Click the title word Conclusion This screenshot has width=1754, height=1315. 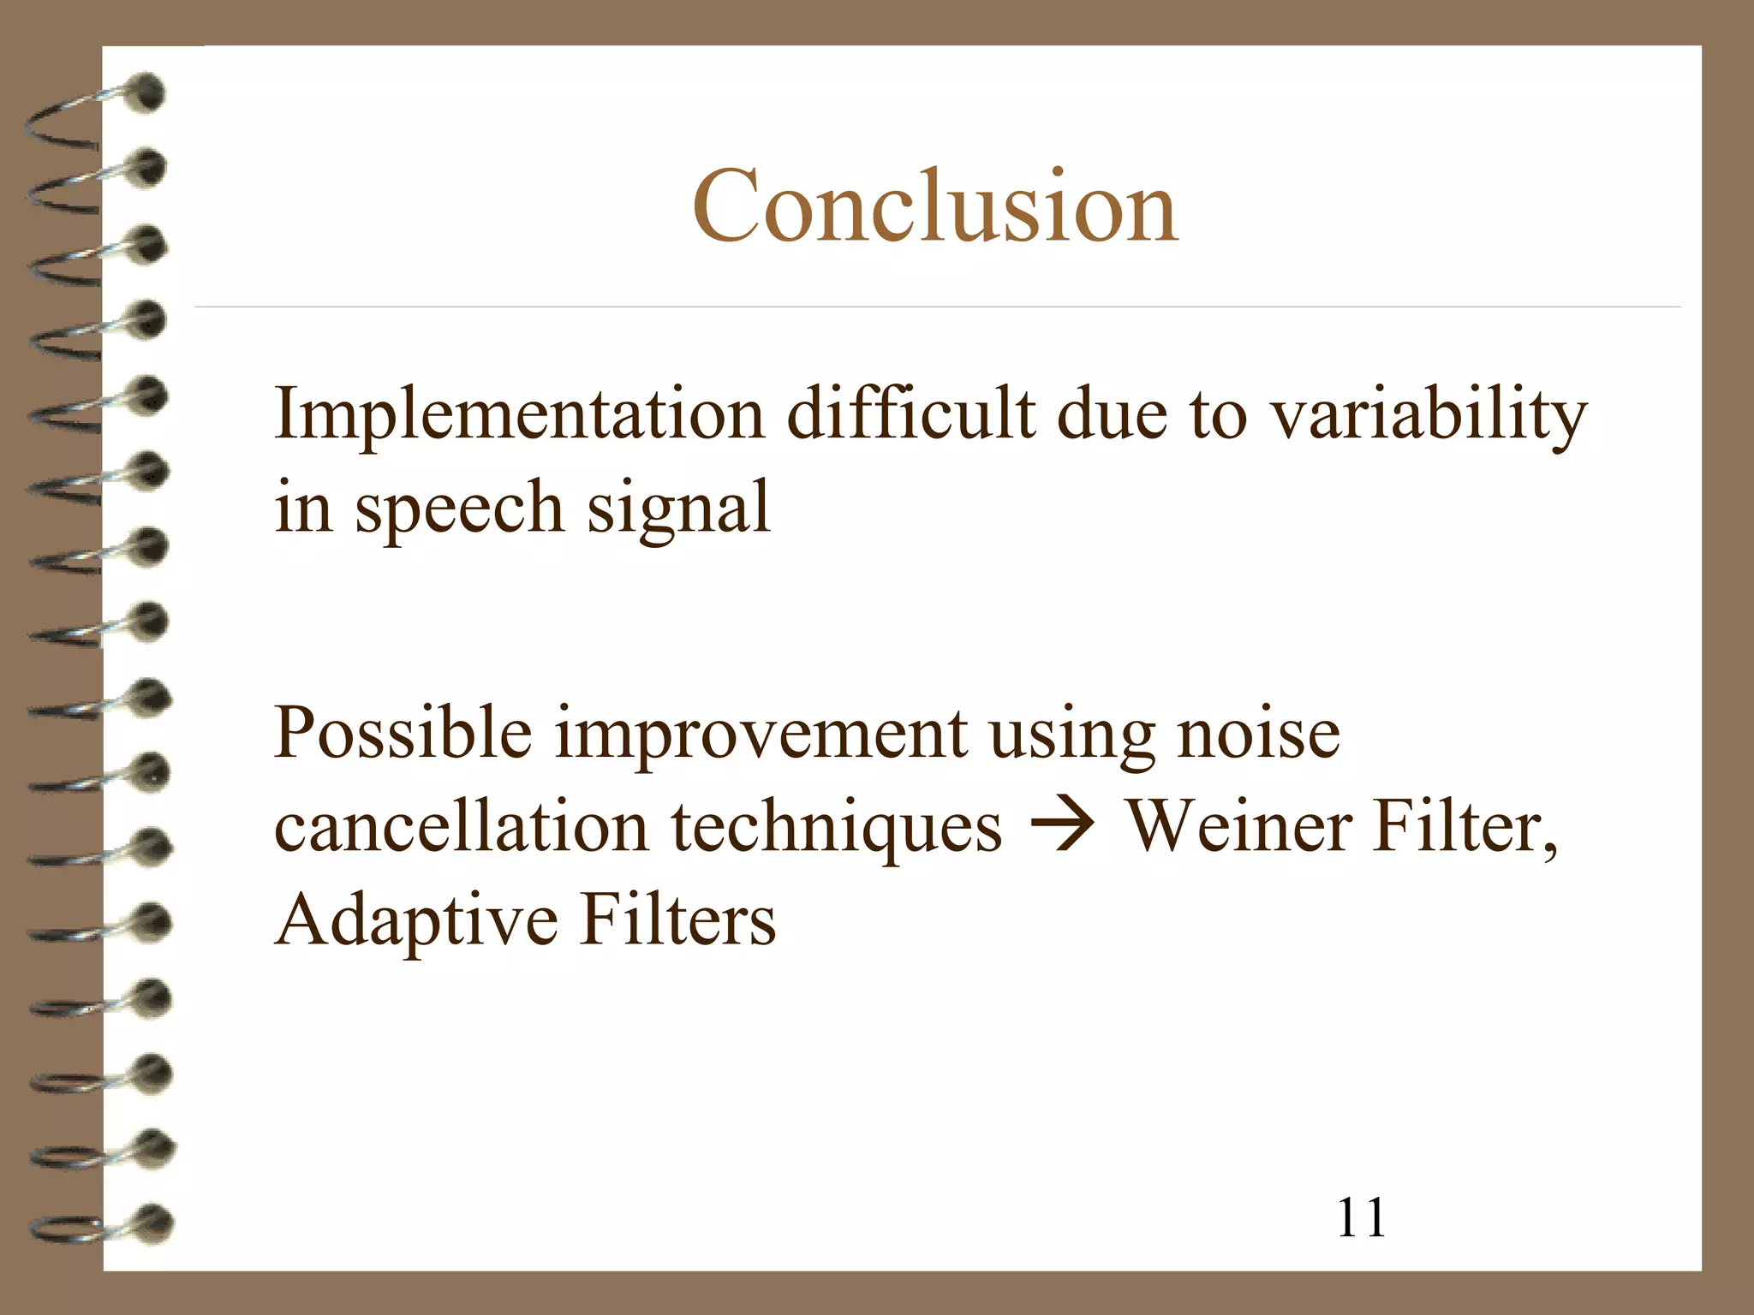(935, 207)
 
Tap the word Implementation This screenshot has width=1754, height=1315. (519, 414)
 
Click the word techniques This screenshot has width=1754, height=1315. (836, 829)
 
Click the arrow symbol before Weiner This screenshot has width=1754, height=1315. (1062, 827)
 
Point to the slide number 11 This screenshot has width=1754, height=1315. (1361, 1217)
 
